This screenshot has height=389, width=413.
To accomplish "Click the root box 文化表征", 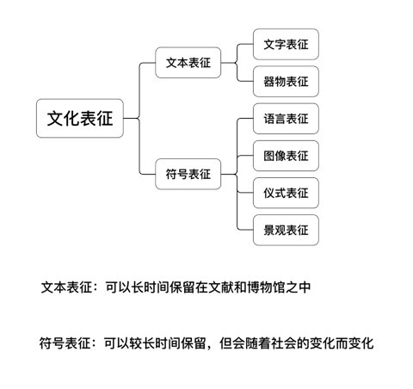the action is (80, 118).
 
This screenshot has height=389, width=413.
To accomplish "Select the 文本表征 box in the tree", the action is (188, 63).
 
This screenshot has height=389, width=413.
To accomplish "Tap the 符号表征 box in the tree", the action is (188, 174).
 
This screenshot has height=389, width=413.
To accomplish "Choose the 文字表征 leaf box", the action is (286, 44).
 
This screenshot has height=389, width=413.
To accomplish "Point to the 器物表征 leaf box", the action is (286, 82).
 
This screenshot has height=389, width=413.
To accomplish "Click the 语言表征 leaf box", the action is (286, 119).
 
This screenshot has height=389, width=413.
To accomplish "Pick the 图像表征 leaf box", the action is (286, 156).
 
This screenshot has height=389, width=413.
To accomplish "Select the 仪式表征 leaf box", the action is (286, 193).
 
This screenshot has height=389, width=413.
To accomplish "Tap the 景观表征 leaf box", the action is (286, 230).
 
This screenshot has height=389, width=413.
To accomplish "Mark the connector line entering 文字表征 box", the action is (244, 44).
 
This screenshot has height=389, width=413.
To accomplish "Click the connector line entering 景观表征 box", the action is (244, 230).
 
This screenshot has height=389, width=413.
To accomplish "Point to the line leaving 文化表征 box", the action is (131, 118).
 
